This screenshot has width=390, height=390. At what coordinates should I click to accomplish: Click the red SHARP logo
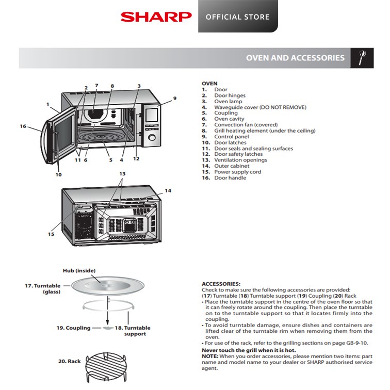[x=156, y=17]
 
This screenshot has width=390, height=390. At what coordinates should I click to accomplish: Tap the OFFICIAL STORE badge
[x=237, y=17]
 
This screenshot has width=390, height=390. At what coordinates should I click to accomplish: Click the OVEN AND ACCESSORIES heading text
[x=295, y=58]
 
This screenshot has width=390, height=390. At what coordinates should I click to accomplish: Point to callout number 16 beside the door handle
[x=23, y=126]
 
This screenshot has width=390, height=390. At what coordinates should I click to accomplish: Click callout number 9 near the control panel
[x=175, y=98]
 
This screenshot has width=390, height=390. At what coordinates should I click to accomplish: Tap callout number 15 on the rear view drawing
[x=51, y=234]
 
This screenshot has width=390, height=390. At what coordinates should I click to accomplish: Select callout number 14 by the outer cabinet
[x=168, y=191]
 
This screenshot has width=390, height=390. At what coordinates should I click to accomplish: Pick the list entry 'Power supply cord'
[x=237, y=172]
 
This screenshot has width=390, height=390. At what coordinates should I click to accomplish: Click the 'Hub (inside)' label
[x=76, y=271]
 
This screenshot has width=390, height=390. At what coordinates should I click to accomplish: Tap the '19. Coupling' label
[x=74, y=328]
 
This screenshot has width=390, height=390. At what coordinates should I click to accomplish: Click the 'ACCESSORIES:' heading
[x=221, y=284]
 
